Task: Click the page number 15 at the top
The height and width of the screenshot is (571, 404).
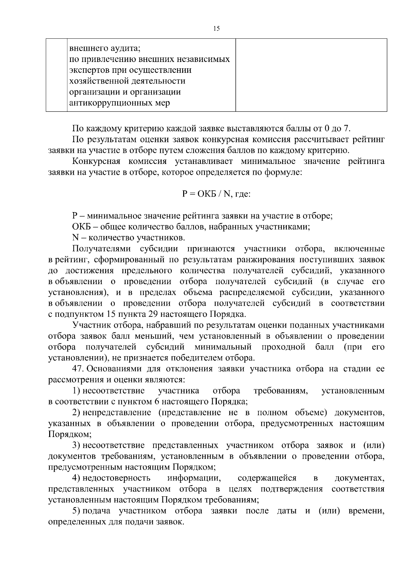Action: tap(216, 29)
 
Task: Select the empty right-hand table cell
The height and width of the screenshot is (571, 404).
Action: tap(311, 75)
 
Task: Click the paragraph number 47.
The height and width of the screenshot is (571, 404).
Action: tap(78, 369)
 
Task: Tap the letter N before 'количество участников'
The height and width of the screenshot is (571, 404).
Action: tap(75, 238)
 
